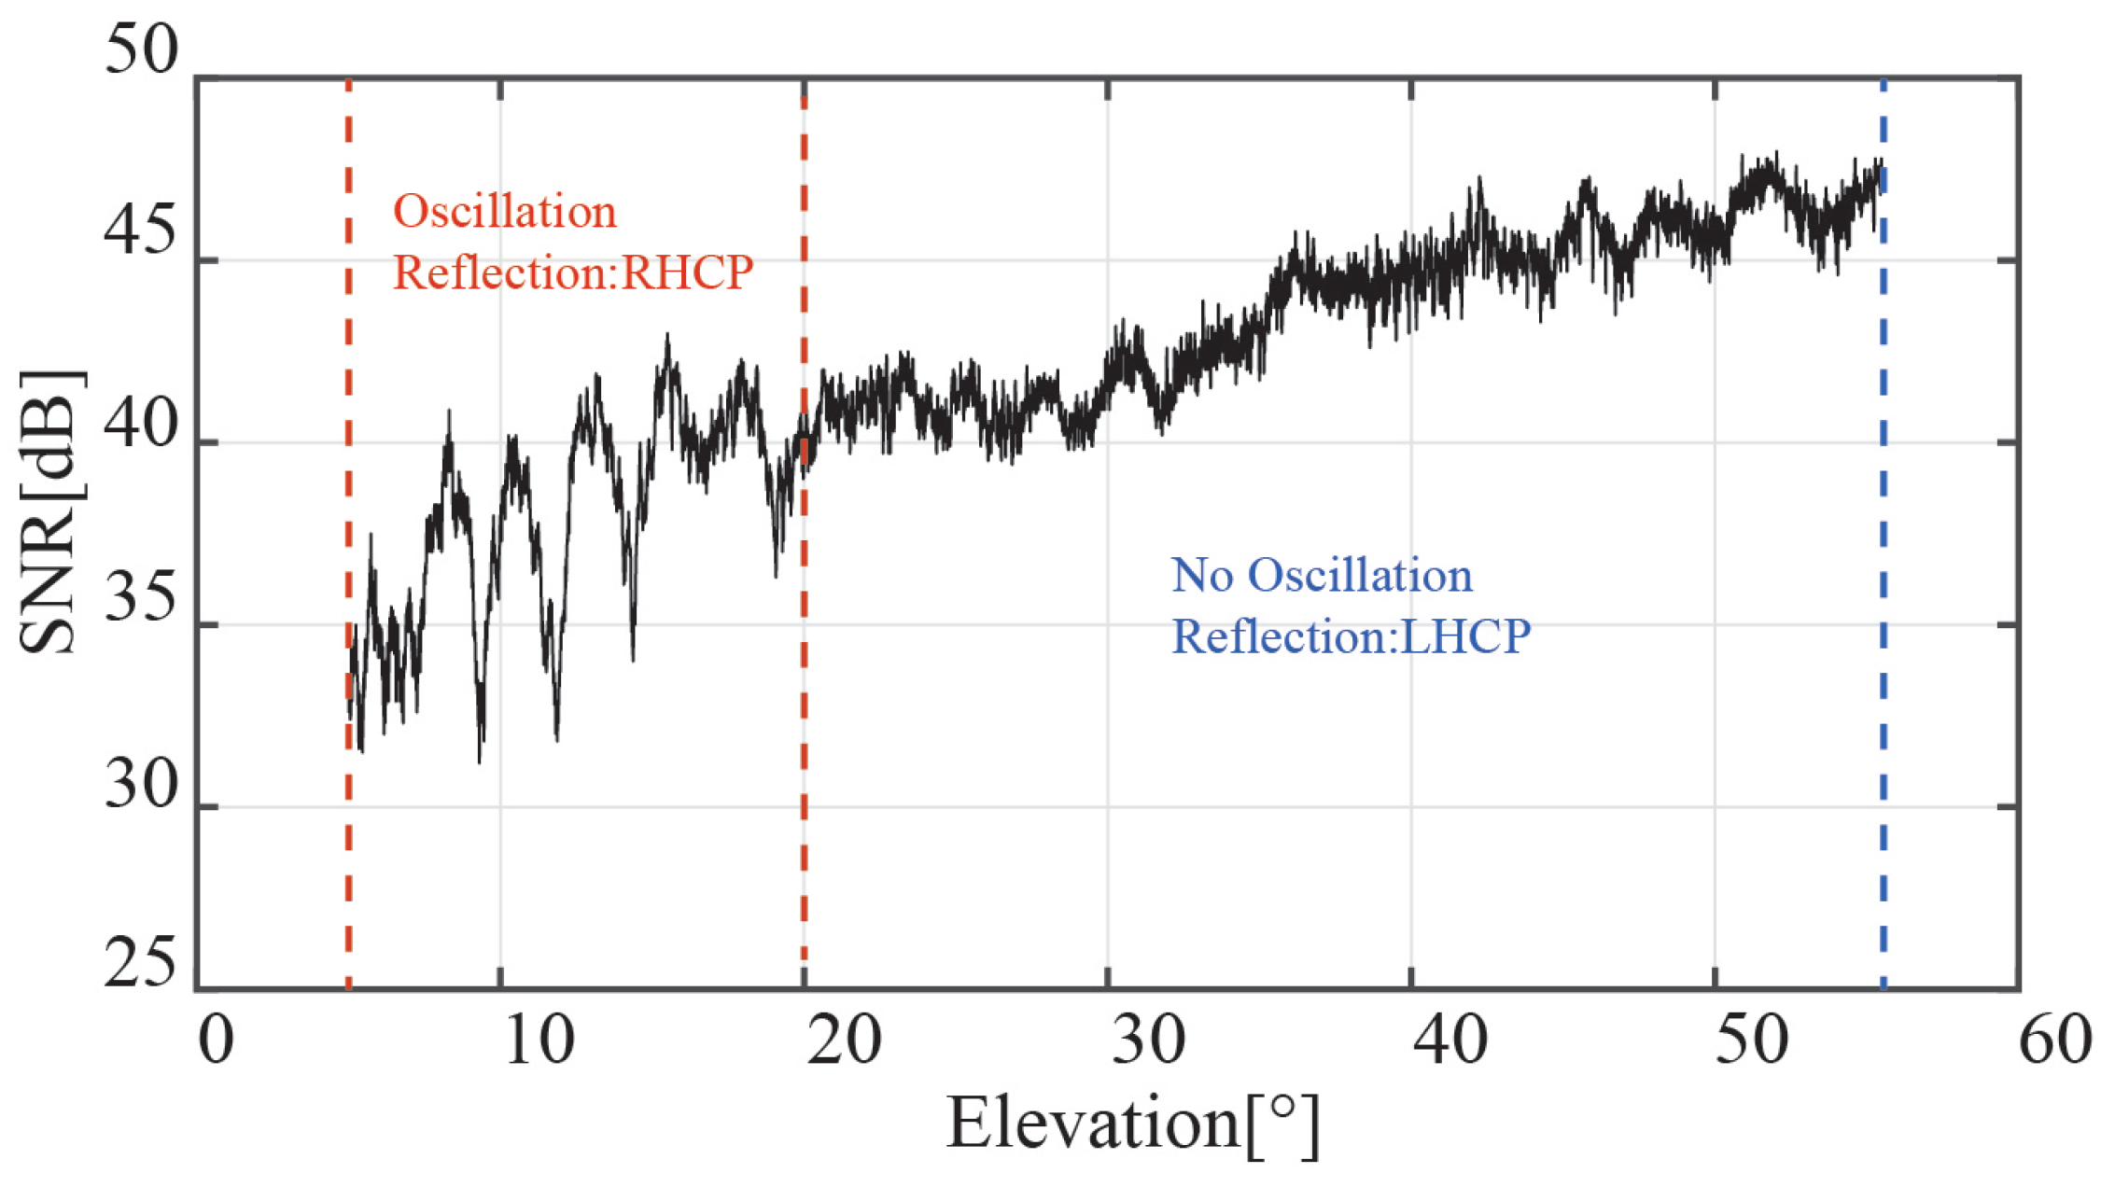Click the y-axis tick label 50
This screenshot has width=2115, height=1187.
point(141,49)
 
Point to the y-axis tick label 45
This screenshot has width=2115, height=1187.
point(141,230)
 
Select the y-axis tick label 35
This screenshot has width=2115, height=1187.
point(141,598)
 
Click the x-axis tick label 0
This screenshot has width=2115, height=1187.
point(217,1040)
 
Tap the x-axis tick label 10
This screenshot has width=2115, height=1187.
point(539,1040)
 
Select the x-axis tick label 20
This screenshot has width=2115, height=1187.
point(844,1040)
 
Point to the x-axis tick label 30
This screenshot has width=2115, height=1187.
point(1148,1040)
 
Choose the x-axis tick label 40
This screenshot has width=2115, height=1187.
point(1451,1040)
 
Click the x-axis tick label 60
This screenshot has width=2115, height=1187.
point(2054,1040)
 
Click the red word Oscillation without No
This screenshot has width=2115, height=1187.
point(505,212)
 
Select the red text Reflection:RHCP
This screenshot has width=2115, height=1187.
point(573,272)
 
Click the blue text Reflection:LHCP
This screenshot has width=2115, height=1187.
point(1351,636)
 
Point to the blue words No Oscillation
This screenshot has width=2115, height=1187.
point(1322,576)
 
